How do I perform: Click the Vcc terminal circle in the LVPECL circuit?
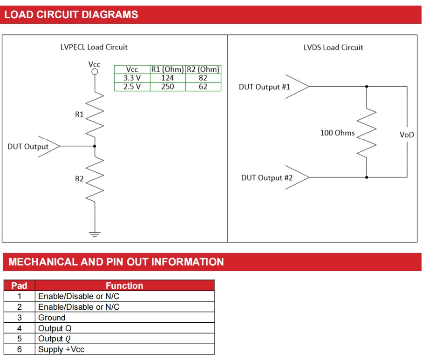click(95, 72)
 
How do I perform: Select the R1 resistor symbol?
click(95, 114)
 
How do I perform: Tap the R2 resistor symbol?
click(95, 179)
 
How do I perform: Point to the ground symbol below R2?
click(95, 234)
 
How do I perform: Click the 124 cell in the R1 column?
click(167, 78)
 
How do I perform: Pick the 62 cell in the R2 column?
click(203, 86)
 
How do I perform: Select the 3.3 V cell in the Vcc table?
click(132, 78)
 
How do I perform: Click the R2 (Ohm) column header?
click(203, 70)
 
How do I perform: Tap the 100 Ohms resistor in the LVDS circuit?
click(367, 133)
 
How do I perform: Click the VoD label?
click(406, 135)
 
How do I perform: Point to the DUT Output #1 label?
click(264, 87)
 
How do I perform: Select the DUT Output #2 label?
click(267, 177)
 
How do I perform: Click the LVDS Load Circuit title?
click(333, 48)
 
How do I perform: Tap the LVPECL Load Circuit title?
click(94, 47)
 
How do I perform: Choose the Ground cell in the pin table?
click(52, 318)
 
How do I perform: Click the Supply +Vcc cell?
click(61, 349)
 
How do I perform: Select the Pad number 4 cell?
click(19, 328)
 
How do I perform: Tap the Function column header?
click(124, 285)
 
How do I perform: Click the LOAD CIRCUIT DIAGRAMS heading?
click(71, 14)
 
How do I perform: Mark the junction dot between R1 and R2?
click(95, 146)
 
